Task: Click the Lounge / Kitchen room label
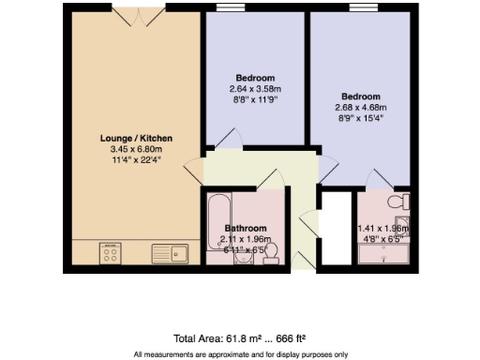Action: [x=136, y=139]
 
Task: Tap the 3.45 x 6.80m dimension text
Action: [x=136, y=149]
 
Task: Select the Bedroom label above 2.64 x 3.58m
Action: [x=254, y=77]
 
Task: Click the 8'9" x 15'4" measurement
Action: [x=361, y=118]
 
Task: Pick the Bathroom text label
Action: [x=245, y=229]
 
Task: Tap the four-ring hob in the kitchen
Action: [x=111, y=252]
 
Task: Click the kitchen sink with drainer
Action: [x=170, y=252]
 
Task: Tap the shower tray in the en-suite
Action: [x=384, y=252]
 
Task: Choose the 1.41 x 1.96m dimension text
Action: [x=384, y=229]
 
